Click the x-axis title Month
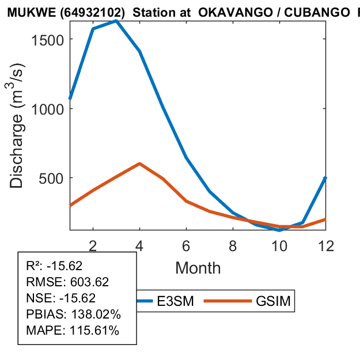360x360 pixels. pos(198,267)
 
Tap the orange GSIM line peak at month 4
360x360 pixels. pos(140,164)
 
